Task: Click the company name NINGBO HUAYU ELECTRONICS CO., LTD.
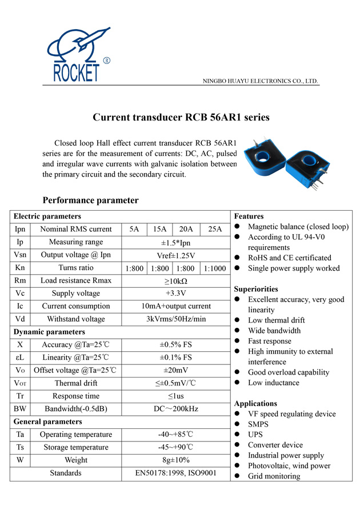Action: (261, 81)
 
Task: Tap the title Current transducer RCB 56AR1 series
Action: (181, 118)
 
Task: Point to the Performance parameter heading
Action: (90, 200)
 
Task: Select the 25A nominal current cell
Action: (215, 229)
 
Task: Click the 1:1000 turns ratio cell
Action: (215, 268)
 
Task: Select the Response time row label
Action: (75, 396)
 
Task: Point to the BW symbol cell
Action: (20, 409)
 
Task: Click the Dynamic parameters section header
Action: (49, 332)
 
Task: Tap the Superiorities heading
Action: (256, 289)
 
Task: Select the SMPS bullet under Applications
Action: (258, 424)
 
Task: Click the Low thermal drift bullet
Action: (277, 320)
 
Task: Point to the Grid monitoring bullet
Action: (274, 476)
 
